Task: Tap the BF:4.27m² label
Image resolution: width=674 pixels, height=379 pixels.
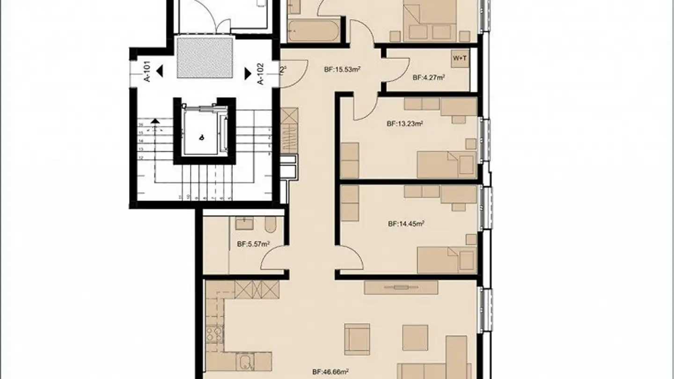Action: point(428,78)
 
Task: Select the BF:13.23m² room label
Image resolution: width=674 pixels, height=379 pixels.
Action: point(405,124)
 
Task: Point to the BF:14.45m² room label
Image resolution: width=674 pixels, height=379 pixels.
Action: point(406,224)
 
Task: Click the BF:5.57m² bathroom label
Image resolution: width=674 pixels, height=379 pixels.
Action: point(253,244)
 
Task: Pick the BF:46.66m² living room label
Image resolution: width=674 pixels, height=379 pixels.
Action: point(330,373)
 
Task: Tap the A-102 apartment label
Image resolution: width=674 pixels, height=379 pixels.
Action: point(261,73)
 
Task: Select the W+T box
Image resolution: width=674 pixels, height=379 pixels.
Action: point(460,58)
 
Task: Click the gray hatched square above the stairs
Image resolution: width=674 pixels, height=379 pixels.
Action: point(204,58)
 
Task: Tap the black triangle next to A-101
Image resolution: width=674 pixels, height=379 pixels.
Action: point(160,72)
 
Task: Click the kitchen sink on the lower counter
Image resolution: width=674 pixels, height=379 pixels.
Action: point(244,361)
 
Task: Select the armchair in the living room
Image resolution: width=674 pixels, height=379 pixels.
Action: point(357,339)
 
